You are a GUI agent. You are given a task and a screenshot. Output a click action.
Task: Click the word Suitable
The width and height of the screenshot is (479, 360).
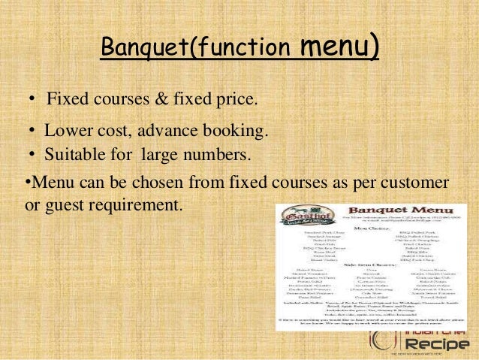[74, 156]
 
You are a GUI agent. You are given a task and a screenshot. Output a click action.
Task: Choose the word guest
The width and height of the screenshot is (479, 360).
[63, 204]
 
